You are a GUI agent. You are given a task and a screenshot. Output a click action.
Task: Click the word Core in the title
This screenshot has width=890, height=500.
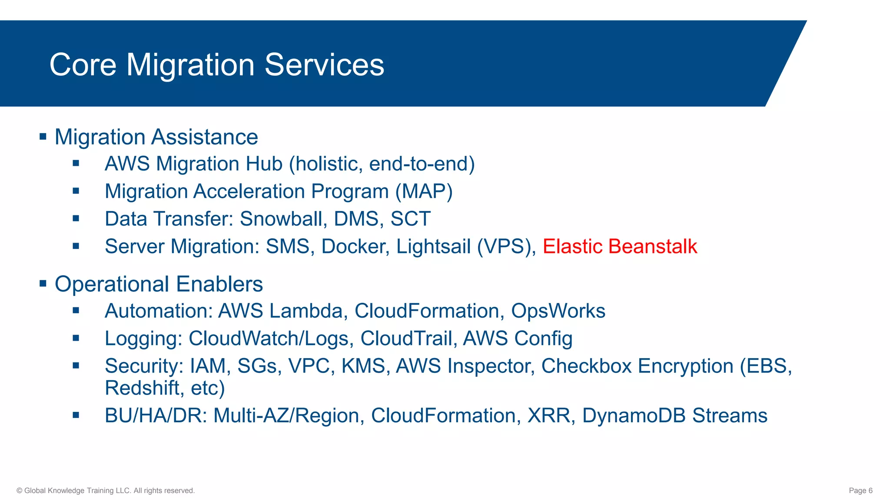pyautogui.click(x=83, y=65)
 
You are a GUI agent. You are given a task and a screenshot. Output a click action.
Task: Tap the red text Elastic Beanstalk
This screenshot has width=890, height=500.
pyautogui.click(x=620, y=247)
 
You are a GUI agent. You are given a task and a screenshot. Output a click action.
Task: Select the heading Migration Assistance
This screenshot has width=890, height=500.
pyautogui.click(x=156, y=137)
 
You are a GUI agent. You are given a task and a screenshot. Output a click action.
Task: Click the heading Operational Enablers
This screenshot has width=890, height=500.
pyautogui.click(x=159, y=284)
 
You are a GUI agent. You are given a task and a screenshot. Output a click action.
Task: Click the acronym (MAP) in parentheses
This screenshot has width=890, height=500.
pyautogui.click(x=424, y=191)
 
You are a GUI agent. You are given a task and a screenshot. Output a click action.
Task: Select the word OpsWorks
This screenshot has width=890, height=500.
pyautogui.click(x=558, y=311)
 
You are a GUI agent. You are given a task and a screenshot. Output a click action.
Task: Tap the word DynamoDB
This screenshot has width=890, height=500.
pyautogui.click(x=634, y=416)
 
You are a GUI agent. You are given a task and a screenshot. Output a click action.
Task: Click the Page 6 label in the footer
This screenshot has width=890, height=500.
pyautogui.click(x=860, y=490)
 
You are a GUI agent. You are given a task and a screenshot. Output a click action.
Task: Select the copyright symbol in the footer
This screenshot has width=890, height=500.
pyautogui.click(x=19, y=491)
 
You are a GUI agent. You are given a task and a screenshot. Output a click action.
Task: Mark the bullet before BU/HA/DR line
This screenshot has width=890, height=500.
pyautogui.click(x=76, y=415)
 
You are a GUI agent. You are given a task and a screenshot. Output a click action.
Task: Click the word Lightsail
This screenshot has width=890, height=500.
pyautogui.click(x=433, y=247)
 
